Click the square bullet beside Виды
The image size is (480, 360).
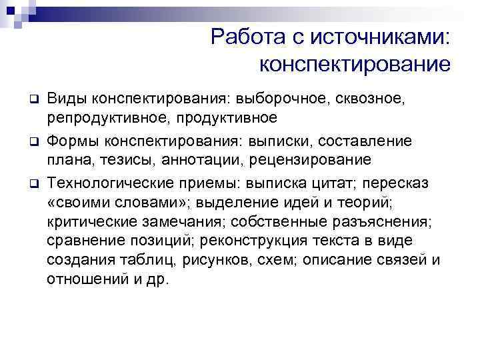32,100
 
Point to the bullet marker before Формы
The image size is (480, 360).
32,142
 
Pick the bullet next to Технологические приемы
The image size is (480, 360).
32,183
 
